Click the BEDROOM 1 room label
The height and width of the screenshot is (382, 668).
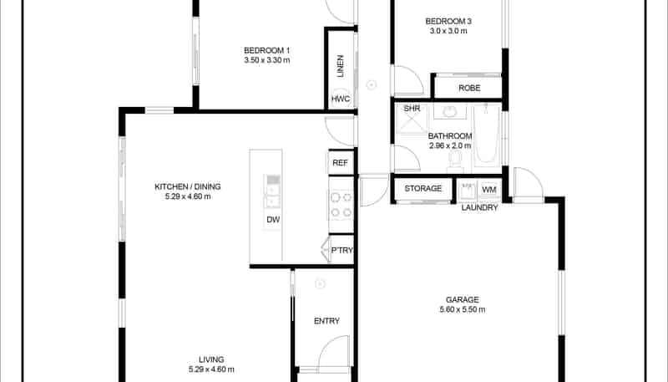(x=267, y=48)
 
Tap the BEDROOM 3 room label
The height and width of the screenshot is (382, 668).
(x=448, y=21)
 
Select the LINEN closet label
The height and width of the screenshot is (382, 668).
(x=341, y=66)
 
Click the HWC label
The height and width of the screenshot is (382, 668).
(x=341, y=99)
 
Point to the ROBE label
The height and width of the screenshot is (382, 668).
(x=468, y=87)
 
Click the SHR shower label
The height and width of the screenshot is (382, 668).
(x=412, y=109)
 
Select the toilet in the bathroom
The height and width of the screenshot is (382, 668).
(x=456, y=157)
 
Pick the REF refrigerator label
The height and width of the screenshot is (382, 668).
(x=340, y=163)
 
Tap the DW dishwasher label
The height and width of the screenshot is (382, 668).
(x=272, y=221)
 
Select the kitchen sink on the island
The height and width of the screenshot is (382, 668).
(x=272, y=191)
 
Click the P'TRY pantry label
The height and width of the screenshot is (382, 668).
(x=341, y=249)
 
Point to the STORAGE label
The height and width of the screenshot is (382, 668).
(x=423, y=189)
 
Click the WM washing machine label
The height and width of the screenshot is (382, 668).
(x=489, y=189)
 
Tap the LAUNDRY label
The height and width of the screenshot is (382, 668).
(x=480, y=207)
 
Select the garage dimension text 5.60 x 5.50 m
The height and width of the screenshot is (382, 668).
(x=462, y=309)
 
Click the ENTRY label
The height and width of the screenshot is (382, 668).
(x=326, y=321)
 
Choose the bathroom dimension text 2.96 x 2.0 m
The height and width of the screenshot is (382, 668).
(x=450, y=145)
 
